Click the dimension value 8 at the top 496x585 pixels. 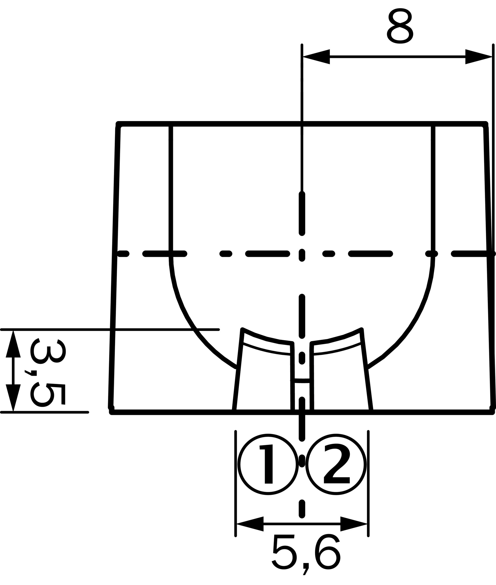[x=400, y=26]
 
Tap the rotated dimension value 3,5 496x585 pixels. [x=48, y=373]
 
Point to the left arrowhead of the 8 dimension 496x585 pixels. [x=316, y=57]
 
